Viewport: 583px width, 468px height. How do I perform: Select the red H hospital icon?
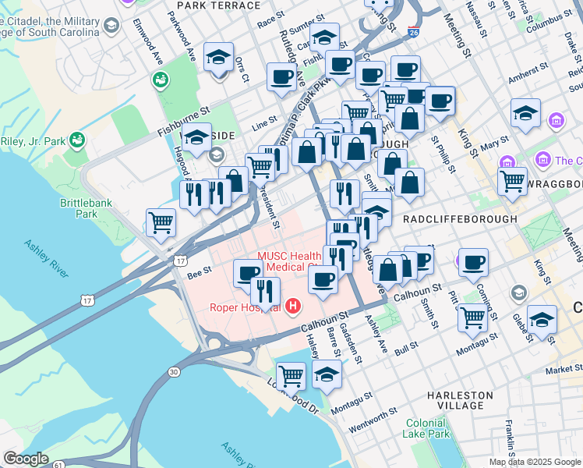tap(293, 307)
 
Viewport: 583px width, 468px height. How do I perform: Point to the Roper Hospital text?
tap(245, 307)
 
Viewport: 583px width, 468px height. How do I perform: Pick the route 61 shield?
tap(59, 466)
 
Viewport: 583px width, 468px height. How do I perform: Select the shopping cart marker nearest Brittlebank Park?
tap(161, 222)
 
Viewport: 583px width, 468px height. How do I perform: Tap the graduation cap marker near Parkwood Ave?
tap(219, 58)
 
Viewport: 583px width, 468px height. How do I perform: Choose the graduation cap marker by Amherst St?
tap(525, 113)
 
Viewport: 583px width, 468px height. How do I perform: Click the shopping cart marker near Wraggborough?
tap(512, 180)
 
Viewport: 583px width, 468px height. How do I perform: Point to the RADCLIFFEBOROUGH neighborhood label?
tap(460, 219)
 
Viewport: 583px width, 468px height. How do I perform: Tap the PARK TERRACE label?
tap(219, 5)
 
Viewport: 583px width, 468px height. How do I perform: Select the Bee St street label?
tap(199, 274)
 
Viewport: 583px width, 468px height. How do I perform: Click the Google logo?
tap(26, 459)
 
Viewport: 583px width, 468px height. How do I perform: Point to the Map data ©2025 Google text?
tap(535, 462)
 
